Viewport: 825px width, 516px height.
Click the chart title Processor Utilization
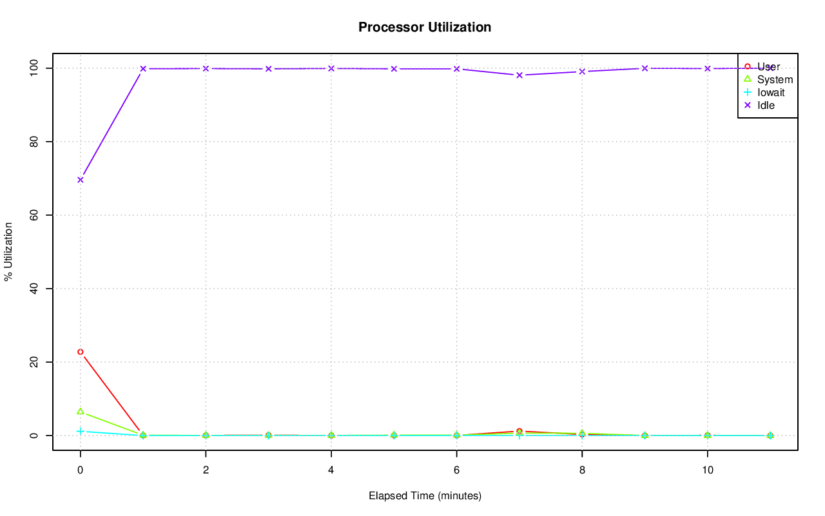[425, 27]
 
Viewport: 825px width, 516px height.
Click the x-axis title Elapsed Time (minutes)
[425, 496]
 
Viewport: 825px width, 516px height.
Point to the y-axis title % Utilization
[9, 252]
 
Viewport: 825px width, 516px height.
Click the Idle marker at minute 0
[81, 180]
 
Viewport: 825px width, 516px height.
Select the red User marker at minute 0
[81, 352]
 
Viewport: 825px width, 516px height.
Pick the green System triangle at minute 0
[81, 411]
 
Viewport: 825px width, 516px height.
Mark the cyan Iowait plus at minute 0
[81, 431]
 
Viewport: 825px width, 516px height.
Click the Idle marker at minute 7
[519, 75]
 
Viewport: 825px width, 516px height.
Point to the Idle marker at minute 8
[582, 72]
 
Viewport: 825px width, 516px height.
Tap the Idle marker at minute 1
[143, 68]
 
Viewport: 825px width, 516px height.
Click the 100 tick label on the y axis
[33, 68]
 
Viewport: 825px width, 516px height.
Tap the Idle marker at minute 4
[331, 68]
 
